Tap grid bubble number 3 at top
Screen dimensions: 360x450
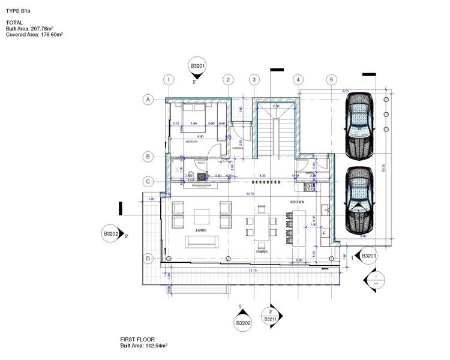click(254, 79)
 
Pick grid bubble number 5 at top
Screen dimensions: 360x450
click(331, 79)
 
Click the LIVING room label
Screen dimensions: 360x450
click(201, 230)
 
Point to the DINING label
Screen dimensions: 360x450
click(262, 252)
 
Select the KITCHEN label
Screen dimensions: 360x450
click(298, 202)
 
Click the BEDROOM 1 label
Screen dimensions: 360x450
click(193, 142)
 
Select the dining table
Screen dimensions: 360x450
click(262, 227)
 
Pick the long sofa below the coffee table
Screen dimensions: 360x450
click(201, 242)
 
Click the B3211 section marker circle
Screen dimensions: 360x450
click(271, 316)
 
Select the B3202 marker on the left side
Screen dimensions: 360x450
click(111, 234)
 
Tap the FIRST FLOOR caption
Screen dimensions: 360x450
click(138, 340)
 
